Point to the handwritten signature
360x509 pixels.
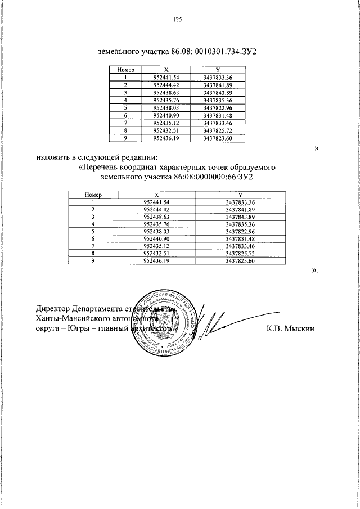(x=211, y=326)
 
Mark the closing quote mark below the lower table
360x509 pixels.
(x=315, y=270)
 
